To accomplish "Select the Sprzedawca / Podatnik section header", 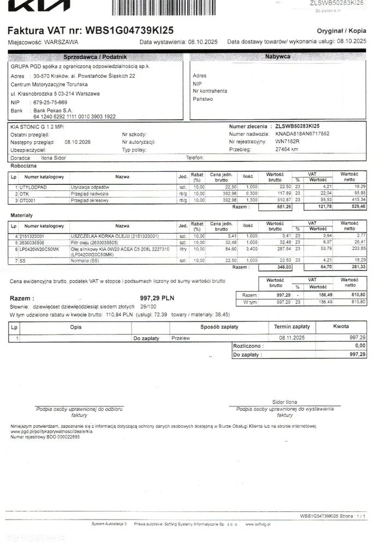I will pos(95,57).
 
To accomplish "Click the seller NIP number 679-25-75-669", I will pos(51,102).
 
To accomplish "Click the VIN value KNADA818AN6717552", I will pos(302,133).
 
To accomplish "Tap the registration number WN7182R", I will pos(288,141).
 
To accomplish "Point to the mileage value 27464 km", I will pos(287,149).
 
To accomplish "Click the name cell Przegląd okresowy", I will pos(90,201).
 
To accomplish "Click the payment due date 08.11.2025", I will pos(291,338).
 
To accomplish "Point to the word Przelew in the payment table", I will pos(181,338).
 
